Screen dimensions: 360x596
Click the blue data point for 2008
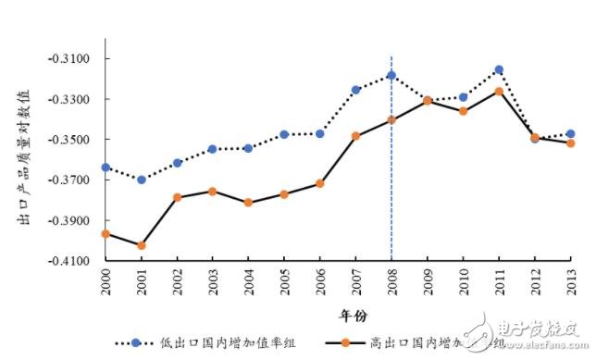click(391, 75)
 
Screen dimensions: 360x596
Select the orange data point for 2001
click(141, 245)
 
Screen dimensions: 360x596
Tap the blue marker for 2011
click(498, 69)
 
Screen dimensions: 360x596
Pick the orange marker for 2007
click(355, 136)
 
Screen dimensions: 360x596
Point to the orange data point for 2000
click(106, 233)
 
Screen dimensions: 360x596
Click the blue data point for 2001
click(141, 180)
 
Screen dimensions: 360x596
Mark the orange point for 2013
click(570, 143)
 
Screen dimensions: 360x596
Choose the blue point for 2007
click(355, 90)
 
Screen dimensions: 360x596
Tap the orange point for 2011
click(498, 91)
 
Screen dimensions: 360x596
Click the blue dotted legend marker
click(136, 342)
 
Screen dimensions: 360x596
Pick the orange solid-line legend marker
click(345, 342)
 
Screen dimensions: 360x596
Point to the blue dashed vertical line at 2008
click(391, 185)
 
